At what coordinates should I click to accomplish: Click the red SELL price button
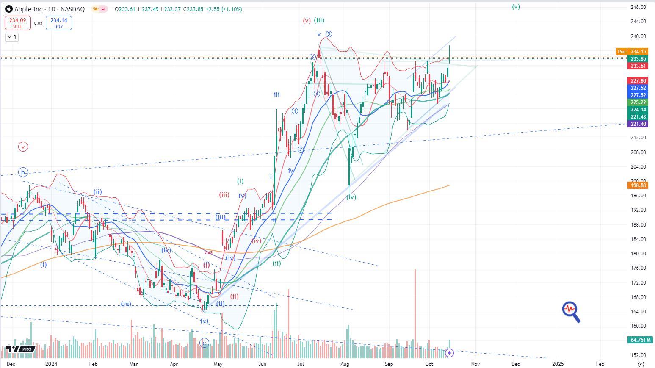17,23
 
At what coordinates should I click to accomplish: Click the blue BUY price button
58,23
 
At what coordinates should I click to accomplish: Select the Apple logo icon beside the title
8,9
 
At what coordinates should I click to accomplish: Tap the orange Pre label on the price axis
621,52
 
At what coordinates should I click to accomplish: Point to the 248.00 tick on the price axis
638,7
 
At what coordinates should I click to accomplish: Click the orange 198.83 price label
638,185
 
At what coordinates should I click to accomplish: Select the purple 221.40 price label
638,124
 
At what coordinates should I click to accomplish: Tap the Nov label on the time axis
475,364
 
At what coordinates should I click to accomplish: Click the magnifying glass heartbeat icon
571,312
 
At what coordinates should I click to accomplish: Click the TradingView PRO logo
20,349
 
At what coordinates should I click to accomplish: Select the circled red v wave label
23,147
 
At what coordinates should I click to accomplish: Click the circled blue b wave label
23,172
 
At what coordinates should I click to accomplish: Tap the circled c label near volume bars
204,343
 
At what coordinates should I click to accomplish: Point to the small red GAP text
208,253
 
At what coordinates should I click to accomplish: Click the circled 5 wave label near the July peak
329,34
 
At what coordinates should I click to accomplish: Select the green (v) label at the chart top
516,7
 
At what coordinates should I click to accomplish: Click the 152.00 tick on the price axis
638,355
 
